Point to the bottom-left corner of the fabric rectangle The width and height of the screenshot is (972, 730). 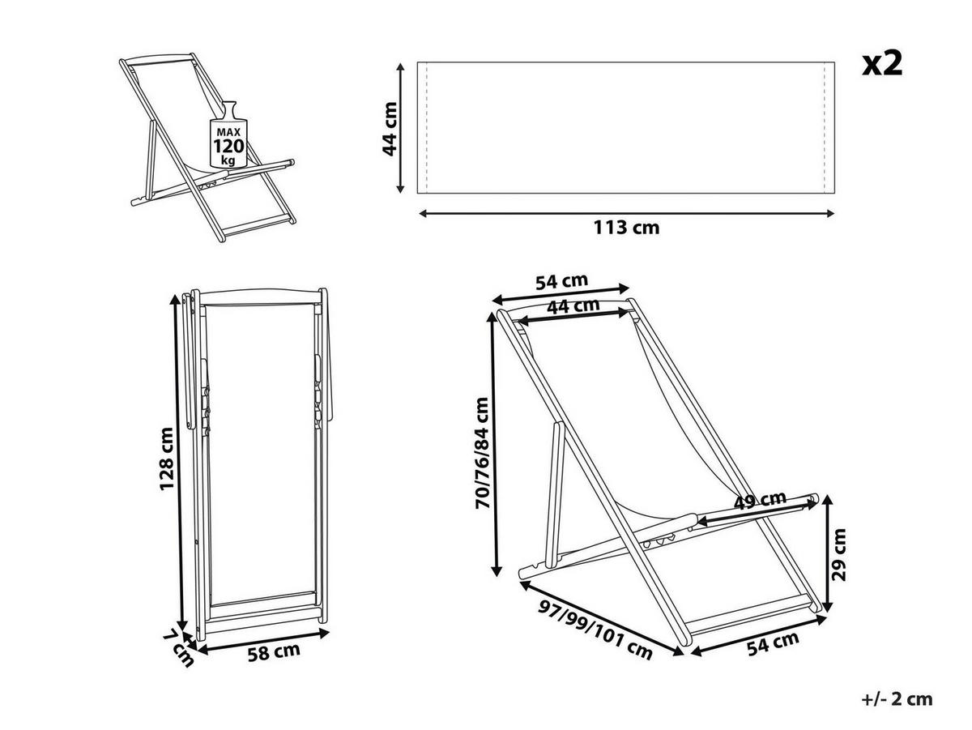(x=418, y=193)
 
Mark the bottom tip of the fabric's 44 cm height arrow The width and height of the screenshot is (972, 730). (x=400, y=193)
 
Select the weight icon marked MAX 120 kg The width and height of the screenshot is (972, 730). (x=228, y=134)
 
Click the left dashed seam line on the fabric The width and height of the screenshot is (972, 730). (x=426, y=127)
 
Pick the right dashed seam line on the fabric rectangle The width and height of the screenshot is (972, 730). (x=825, y=127)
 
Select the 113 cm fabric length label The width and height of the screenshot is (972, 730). (x=626, y=228)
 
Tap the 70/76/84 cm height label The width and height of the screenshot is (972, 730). (x=482, y=453)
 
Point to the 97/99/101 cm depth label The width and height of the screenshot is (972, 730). (x=595, y=630)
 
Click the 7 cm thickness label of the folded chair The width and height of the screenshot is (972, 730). (x=177, y=650)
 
